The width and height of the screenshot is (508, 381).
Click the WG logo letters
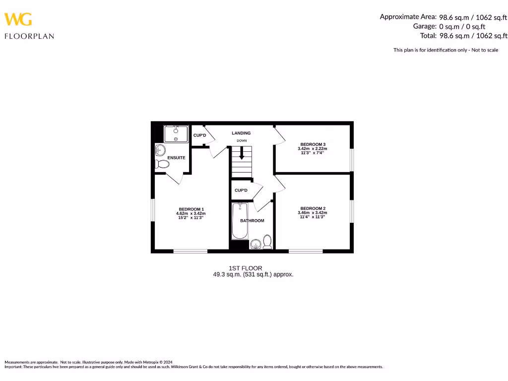pos(18,19)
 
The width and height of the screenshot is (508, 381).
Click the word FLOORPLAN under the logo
pos(29,36)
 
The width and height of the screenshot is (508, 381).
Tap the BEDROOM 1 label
pos(191,209)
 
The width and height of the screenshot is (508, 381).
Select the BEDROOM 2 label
pos(313,208)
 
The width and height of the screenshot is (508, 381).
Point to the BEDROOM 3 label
pos(313,144)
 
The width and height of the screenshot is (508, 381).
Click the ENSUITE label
pos(176,158)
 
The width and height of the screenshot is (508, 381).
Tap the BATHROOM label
pos(252,221)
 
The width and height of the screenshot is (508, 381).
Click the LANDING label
pos(241,133)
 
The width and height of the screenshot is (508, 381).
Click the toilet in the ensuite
pos(162,164)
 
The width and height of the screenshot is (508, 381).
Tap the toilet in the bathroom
pos(267,242)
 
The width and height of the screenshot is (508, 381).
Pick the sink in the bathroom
pos(255,244)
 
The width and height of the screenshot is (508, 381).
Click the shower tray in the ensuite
pos(176,134)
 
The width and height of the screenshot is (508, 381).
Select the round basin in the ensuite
pos(160,150)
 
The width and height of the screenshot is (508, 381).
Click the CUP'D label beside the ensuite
pos(199,135)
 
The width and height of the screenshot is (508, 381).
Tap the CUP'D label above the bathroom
pos(241,190)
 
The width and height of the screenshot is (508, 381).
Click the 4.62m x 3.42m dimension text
pos(191,213)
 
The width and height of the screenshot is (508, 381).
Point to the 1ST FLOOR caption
pos(245,268)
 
